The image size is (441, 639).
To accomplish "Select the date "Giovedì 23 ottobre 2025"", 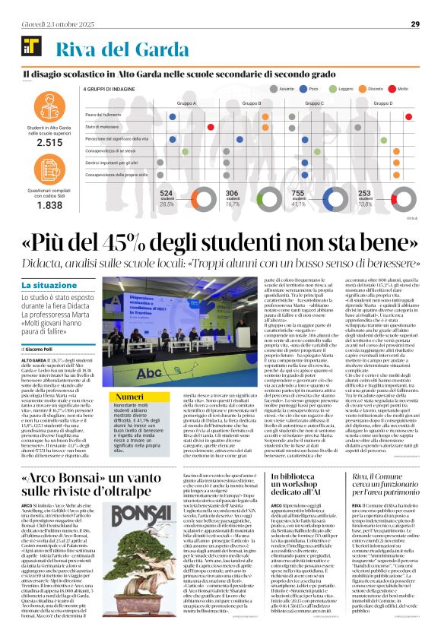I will (52, 24).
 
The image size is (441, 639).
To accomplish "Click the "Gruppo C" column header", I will (313, 103).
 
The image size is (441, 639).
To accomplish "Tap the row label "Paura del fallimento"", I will (103, 114).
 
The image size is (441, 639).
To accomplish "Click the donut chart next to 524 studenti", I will (190, 199).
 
